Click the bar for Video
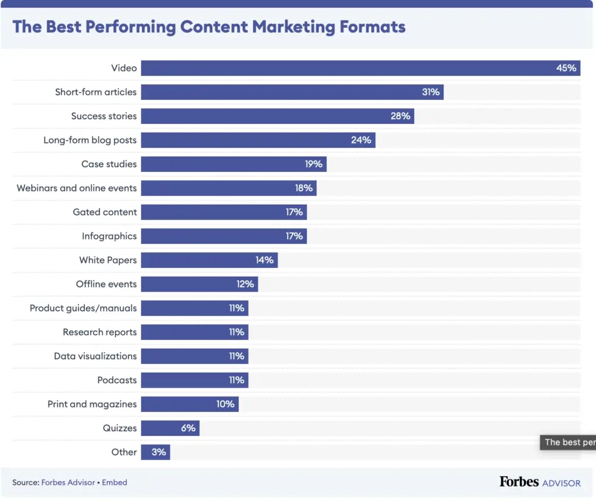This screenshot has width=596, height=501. pyautogui.click(x=349, y=68)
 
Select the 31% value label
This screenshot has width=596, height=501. pyautogui.click(x=431, y=92)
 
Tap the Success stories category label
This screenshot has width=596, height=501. pyautogui.click(x=104, y=116)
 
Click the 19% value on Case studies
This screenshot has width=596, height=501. pyautogui.click(x=313, y=164)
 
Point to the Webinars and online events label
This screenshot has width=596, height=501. pyautogui.click(x=77, y=188)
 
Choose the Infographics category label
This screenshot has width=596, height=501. pyautogui.click(x=109, y=236)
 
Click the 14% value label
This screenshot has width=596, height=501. pyautogui.click(x=264, y=260)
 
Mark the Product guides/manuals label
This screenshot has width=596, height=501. pyautogui.click(x=83, y=308)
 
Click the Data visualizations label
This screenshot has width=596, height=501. pyautogui.click(x=95, y=356)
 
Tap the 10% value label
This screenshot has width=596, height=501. pyautogui.click(x=225, y=404)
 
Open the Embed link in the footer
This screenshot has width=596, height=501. pyautogui.click(x=115, y=482)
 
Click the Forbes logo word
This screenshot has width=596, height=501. pyautogui.click(x=519, y=482)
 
